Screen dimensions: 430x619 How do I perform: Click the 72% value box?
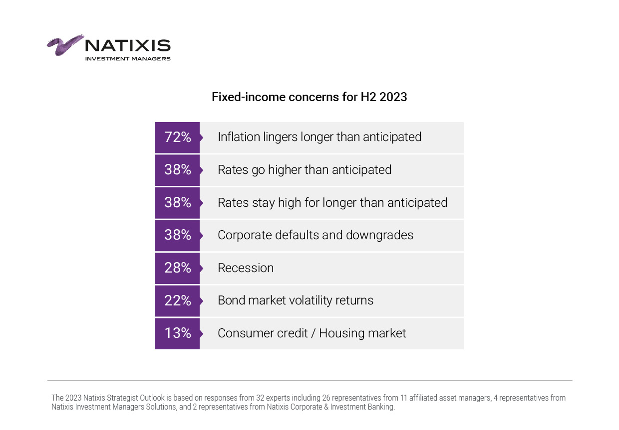click(177, 137)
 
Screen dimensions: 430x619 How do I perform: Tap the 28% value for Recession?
click(177, 268)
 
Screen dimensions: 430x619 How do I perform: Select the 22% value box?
click(177, 301)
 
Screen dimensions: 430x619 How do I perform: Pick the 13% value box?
click(177, 333)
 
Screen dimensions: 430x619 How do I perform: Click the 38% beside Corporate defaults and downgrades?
click(177, 235)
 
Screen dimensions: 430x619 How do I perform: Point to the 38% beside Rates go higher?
click(177, 170)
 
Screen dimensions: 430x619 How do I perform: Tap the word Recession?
click(246, 268)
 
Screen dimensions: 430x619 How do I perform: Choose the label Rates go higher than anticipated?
click(305, 170)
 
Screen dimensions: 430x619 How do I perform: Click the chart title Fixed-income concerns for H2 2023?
click(309, 97)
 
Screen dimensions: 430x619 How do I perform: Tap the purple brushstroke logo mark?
click(65, 45)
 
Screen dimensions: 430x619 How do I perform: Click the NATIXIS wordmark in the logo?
click(128, 46)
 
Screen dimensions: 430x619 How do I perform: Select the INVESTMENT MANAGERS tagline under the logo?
click(128, 59)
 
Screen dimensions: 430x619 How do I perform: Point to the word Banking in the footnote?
click(381, 407)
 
